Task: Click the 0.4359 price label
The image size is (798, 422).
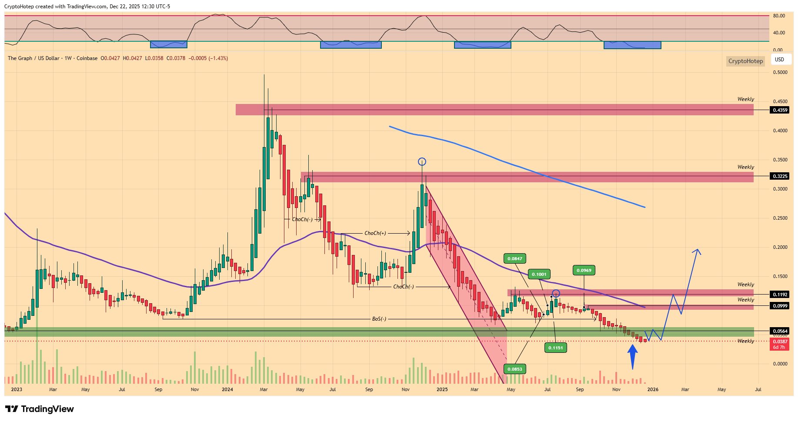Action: [779, 110]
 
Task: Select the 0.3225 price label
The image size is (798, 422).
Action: [779, 176]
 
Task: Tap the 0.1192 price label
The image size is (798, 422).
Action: [779, 295]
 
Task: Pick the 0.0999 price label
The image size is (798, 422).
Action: [779, 306]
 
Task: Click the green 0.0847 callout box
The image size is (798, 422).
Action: [514, 259]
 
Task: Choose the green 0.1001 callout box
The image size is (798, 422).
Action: [539, 274]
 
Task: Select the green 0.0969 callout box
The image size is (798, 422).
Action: [584, 271]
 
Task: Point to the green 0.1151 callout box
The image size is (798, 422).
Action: [555, 348]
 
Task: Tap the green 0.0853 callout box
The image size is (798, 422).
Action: [514, 369]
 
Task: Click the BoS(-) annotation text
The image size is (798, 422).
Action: [379, 319]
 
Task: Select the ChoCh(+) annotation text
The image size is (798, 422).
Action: [375, 233]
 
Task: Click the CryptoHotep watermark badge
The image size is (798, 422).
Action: [745, 61]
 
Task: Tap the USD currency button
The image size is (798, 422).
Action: [779, 60]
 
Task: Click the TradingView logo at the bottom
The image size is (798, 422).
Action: [40, 409]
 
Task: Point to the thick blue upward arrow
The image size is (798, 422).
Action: [633, 356]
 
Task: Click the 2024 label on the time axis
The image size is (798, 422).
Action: [227, 389]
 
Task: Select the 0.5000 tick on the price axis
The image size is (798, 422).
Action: [780, 72]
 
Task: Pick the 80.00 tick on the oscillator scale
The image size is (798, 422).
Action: [778, 16]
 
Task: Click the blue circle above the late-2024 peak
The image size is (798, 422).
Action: [422, 162]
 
